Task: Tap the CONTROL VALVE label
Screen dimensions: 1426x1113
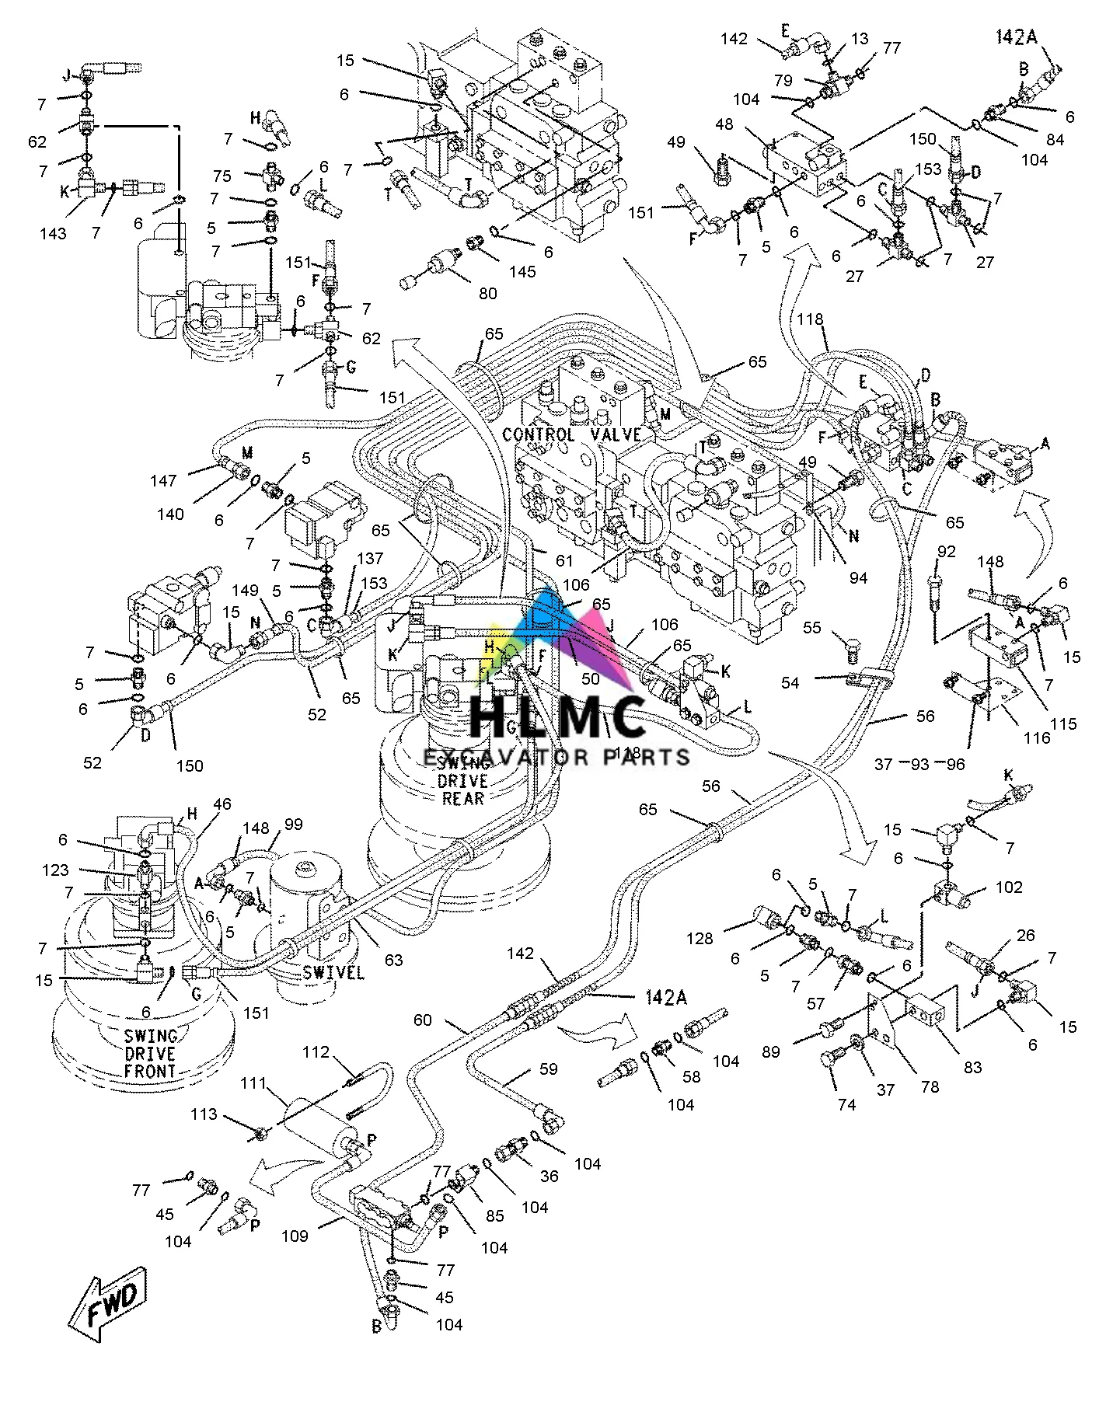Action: point(571,434)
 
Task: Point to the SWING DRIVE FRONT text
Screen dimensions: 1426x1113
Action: point(150,1054)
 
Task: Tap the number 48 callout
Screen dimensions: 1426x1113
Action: point(724,124)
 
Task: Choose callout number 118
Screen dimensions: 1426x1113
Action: point(809,319)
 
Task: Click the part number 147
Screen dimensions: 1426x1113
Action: point(164,481)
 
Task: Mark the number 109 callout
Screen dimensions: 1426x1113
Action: point(296,1235)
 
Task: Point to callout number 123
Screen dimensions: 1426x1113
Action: point(56,870)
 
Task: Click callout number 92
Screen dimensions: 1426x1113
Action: point(945,553)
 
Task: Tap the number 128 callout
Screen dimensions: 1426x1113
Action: point(700,939)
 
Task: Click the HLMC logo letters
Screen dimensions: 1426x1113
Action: point(558,716)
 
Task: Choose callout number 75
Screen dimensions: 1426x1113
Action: point(222,176)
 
